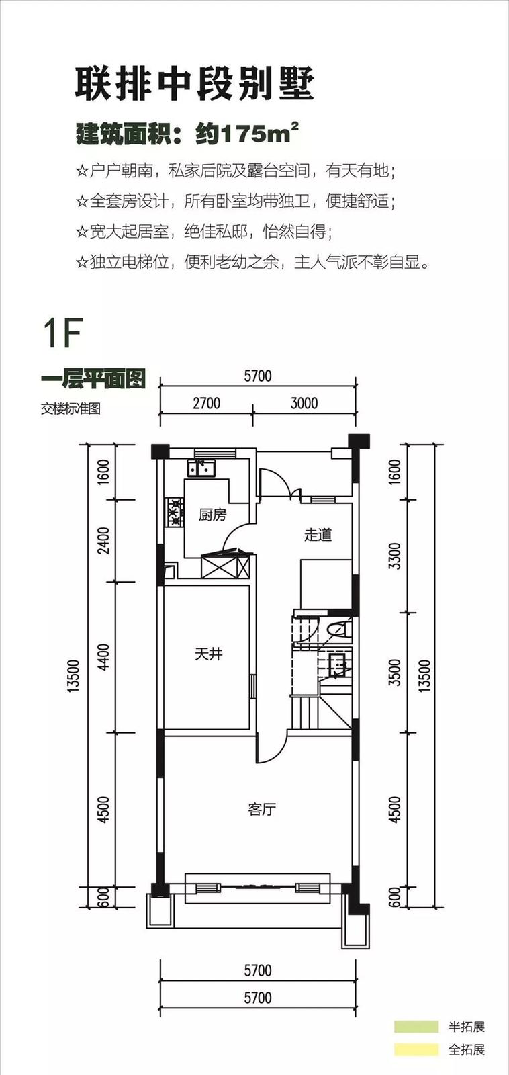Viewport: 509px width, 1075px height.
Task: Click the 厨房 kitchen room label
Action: [212, 515]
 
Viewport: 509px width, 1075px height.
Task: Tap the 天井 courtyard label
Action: [209, 654]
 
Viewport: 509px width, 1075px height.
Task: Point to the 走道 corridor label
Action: [318, 535]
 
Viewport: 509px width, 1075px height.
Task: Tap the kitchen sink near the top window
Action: [201, 468]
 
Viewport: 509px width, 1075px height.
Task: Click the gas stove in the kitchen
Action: [175, 511]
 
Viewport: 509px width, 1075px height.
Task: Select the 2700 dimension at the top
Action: [207, 403]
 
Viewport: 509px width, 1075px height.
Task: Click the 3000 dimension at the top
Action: [304, 403]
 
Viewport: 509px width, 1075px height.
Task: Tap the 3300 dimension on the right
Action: [394, 556]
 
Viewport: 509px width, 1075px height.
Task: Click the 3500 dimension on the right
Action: [394, 673]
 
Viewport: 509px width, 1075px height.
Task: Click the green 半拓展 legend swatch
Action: [416, 1027]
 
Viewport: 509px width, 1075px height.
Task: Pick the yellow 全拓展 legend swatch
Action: [416, 1049]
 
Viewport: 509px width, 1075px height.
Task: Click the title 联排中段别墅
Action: [194, 85]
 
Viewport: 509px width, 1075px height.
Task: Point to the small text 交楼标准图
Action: [71, 409]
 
